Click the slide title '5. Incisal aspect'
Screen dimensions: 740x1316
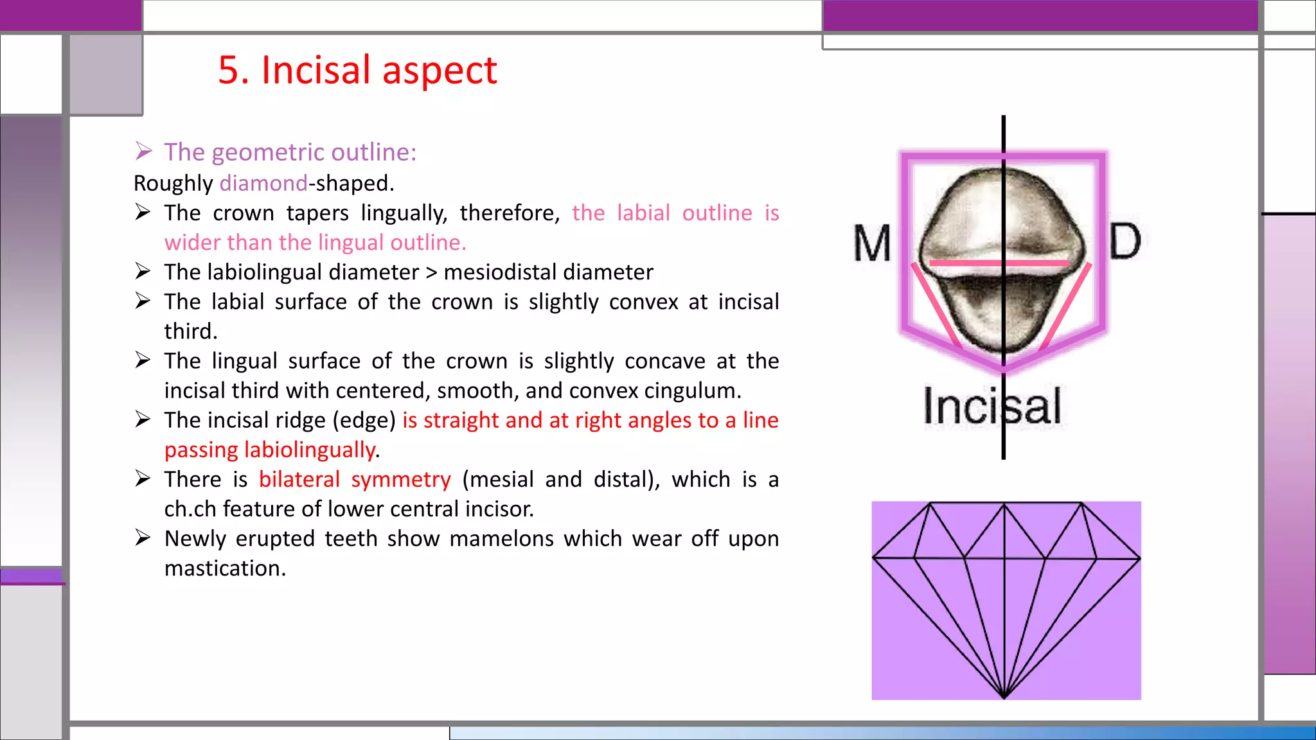pyautogui.click(x=357, y=70)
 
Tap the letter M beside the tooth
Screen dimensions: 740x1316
pyautogui.click(x=872, y=244)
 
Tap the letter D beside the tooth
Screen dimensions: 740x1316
pyautogui.click(x=1125, y=242)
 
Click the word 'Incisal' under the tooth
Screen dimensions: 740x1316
pyautogui.click(x=991, y=407)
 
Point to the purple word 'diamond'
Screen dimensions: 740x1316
pyautogui.click(x=263, y=184)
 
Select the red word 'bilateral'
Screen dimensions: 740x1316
pyautogui.click(x=299, y=480)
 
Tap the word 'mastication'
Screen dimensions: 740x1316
pyautogui.click(x=224, y=568)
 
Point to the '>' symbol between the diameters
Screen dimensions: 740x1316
pyautogui.click(x=431, y=272)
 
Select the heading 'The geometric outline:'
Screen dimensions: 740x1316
pyautogui.click(x=290, y=152)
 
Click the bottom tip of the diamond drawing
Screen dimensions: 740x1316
pyautogui.click(x=1004, y=696)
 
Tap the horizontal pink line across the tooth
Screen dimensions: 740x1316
pyautogui.click(x=999, y=263)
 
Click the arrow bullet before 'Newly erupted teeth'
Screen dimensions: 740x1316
pyautogui.click(x=143, y=538)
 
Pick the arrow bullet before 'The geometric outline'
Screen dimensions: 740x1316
pyautogui.click(x=143, y=152)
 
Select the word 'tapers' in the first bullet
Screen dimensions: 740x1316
pyautogui.click(x=317, y=213)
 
